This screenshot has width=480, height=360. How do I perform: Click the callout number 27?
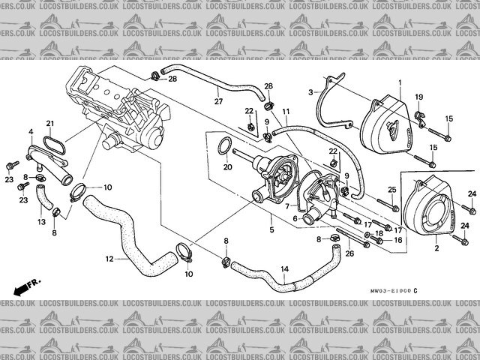coord(218,101)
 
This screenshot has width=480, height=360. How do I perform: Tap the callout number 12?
coord(109,259)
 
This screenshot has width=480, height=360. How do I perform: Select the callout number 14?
coord(284,270)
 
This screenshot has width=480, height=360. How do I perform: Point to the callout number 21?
coord(51,124)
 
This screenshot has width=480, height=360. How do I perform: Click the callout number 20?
coord(228,167)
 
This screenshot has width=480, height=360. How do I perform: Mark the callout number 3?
coord(310,92)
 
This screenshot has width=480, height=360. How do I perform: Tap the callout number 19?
coord(419,97)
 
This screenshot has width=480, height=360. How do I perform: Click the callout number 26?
coord(349,254)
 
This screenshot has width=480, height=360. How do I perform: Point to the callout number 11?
coord(286,112)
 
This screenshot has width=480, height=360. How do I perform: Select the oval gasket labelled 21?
coord(54,141)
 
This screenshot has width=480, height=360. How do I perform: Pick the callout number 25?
coord(391,189)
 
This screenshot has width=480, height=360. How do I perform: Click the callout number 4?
coord(31,132)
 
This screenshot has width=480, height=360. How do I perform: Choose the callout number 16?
coord(398,240)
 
